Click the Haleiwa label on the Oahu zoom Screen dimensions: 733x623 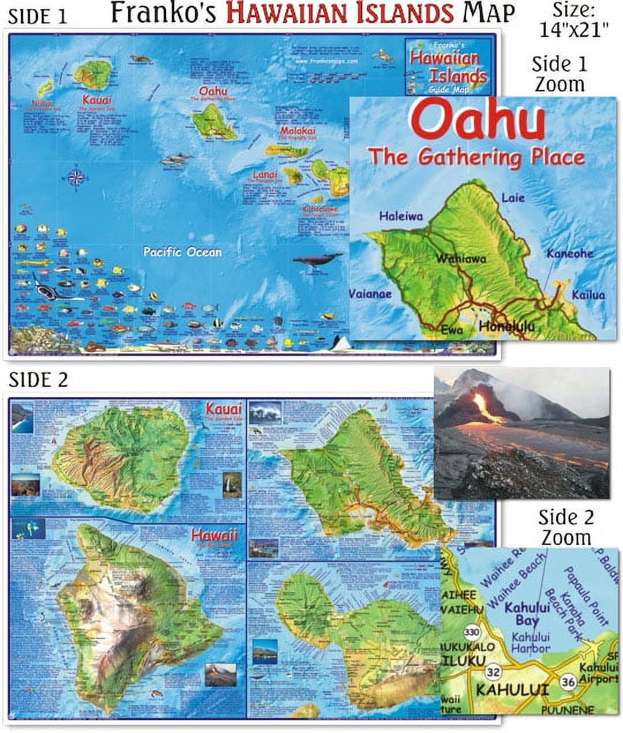click(x=400, y=216)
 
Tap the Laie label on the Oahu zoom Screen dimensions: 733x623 click(x=513, y=198)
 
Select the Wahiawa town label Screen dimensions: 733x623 click(x=460, y=259)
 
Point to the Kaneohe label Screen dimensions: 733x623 click(x=569, y=253)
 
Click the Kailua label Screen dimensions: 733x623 click(x=588, y=295)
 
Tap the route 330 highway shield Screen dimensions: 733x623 click(x=475, y=632)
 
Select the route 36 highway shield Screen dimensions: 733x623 click(x=568, y=682)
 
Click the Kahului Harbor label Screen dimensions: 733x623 click(x=531, y=642)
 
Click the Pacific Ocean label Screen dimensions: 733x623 click(x=182, y=252)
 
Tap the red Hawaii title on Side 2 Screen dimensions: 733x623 click(x=214, y=535)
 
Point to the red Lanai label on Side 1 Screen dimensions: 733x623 click(x=264, y=174)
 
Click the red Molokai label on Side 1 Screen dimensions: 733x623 click(x=298, y=132)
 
